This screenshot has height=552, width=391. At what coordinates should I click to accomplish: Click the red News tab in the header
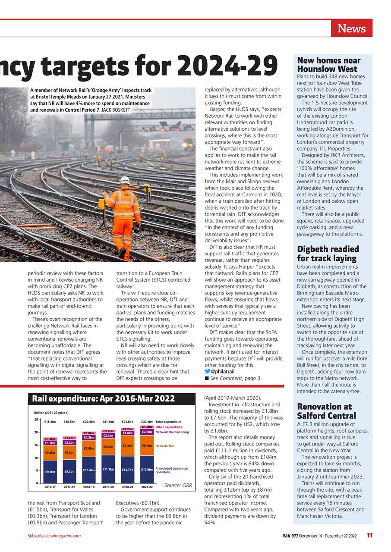point(351,28)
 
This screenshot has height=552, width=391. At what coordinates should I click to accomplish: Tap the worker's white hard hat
point(125,180)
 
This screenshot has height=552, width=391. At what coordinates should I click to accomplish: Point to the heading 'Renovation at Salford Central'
point(324,411)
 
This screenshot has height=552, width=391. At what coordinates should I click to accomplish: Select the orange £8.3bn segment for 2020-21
point(127,445)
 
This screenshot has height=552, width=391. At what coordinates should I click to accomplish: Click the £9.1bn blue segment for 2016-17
point(50,472)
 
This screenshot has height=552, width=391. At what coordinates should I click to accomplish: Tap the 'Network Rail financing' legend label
point(172,432)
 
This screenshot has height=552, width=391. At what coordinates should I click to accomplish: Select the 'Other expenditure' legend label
point(169,427)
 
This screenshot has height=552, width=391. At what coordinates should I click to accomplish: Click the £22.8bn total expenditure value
point(147,422)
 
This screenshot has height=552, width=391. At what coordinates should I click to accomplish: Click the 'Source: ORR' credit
point(178,486)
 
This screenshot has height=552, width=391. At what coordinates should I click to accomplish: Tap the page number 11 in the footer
point(369,536)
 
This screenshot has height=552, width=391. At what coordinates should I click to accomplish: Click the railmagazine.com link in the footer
point(64,536)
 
